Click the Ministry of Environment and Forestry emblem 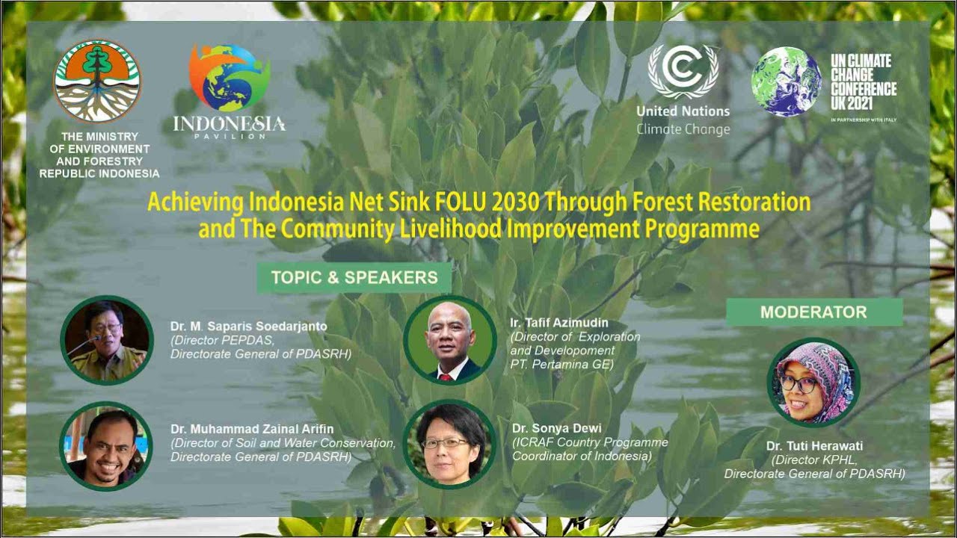97,81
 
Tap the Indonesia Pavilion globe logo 229,78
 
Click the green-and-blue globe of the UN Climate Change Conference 786,81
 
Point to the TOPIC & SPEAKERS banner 354,278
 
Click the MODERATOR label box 813,312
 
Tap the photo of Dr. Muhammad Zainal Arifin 106,446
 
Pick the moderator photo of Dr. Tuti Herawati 814,383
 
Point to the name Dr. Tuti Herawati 814,446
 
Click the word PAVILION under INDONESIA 229,136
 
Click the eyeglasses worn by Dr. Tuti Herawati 799,383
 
